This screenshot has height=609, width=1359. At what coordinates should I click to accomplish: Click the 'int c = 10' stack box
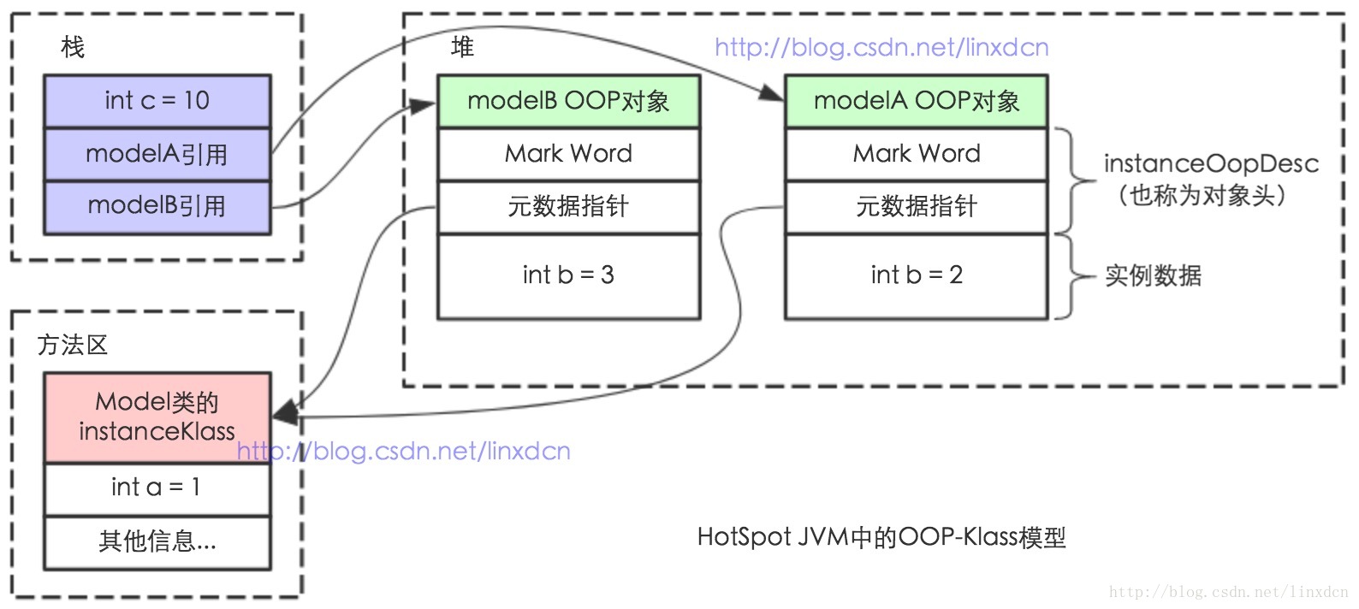[157, 101]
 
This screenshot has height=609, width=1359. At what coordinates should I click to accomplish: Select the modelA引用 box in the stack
[157, 154]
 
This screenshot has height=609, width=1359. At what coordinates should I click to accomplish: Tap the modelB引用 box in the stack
[157, 206]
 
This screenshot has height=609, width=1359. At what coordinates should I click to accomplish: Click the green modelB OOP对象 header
[568, 101]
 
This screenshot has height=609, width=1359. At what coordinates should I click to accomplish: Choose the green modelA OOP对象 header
[916, 101]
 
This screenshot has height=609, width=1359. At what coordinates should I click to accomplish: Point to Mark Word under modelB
[568, 154]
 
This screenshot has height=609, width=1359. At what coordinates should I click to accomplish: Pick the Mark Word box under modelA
[916, 154]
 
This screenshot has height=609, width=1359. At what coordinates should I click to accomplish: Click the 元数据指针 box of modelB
[568, 206]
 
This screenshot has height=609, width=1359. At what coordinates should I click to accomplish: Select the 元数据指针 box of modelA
[916, 206]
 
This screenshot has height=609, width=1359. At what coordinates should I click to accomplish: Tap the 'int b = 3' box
[568, 275]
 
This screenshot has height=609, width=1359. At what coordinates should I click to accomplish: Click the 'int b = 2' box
[916, 275]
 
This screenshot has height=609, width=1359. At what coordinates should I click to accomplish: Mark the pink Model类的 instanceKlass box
[157, 417]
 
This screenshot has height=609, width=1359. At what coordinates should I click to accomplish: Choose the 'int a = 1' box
[157, 488]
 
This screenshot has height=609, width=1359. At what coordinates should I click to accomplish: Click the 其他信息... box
[157, 541]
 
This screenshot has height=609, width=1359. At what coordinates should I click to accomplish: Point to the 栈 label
[73, 47]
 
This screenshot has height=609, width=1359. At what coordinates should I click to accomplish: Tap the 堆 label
[462, 47]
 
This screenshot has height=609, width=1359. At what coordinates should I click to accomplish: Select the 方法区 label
[73, 345]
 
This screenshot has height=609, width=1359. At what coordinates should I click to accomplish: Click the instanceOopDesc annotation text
[1210, 164]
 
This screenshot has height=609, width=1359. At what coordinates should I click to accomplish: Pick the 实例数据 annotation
[1153, 275]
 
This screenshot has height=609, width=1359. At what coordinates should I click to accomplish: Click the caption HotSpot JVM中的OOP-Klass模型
[881, 537]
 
